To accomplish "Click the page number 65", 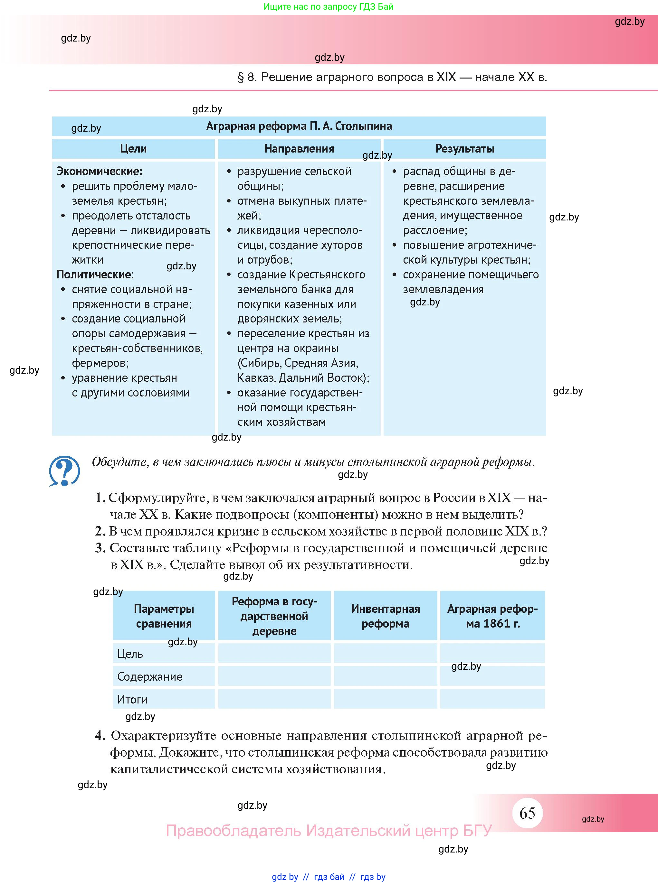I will (x=527, y=813).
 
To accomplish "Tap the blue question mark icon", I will (x=64, y=471).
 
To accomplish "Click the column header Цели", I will (x=133, y=149).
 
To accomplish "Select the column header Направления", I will (x=299, y=149).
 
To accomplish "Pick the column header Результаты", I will (x=464, y=149).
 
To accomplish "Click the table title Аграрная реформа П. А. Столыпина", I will (x=299, y=126).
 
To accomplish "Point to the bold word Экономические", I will (x=99, y=172).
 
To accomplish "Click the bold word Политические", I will (x=94, y=275).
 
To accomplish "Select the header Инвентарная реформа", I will (x=385, y=616).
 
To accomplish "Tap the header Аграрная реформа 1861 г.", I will (x=492, y=616).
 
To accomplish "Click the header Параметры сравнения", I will (x=164, y=616).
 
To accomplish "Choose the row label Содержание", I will (x=150, y=677).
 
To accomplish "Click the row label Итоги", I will (x=132, y=700).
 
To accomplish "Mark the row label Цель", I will (x=130, y=654).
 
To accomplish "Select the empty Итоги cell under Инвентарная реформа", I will (x=385, y=699).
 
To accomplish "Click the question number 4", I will (x=100, y=735).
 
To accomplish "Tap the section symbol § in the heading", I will (x=241, y=77).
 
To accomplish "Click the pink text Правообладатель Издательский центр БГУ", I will (x=329, y=831).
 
